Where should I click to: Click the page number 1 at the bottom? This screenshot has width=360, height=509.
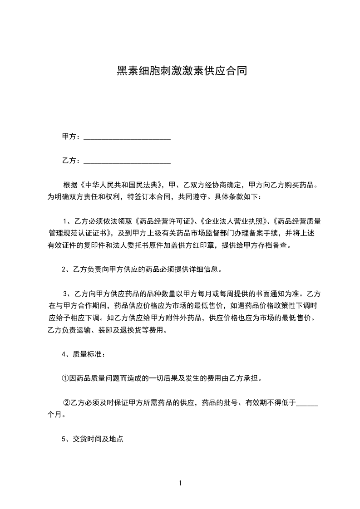click(x=180, y=483)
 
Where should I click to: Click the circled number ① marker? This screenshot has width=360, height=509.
click(x=65, y=378)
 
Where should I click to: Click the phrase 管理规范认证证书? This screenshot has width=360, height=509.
click(x=78, y=234)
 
